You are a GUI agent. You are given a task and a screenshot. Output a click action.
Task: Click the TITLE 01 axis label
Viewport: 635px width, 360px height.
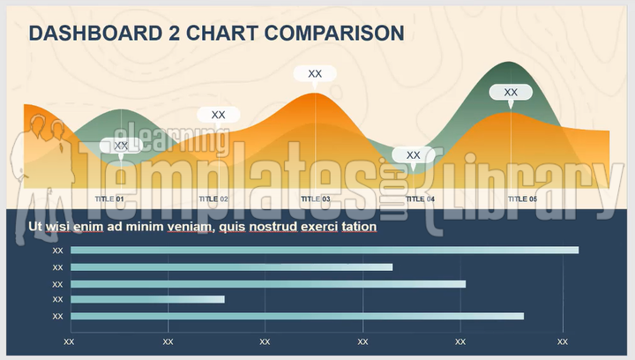point(109,199)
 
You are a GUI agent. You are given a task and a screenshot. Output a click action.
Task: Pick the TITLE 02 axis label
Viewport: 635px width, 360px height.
point(213,199)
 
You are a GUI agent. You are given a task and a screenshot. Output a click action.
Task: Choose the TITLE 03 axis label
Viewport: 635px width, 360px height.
point(316,199)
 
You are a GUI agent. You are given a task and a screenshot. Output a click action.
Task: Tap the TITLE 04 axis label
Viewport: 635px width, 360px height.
point(418,199)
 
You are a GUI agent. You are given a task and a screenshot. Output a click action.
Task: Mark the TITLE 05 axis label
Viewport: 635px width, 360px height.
point(522,199)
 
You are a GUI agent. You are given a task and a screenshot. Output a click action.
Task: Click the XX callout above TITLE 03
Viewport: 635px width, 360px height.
point(315,74)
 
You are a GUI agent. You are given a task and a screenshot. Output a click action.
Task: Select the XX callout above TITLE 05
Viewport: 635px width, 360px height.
point(511,92)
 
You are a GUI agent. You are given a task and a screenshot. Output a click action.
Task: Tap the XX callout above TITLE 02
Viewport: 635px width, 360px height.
point(218,115)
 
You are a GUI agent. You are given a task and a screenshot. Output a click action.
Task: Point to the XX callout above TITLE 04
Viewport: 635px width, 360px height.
point(413,155)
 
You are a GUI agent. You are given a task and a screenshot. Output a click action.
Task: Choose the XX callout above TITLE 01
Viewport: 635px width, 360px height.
point(121,146)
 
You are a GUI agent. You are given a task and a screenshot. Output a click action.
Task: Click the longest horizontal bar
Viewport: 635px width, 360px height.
point(325,251)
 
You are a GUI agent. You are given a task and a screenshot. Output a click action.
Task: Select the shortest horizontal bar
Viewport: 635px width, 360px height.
point(147,300)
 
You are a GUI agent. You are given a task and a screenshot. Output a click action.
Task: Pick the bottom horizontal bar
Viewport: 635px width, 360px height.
point(297,316)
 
